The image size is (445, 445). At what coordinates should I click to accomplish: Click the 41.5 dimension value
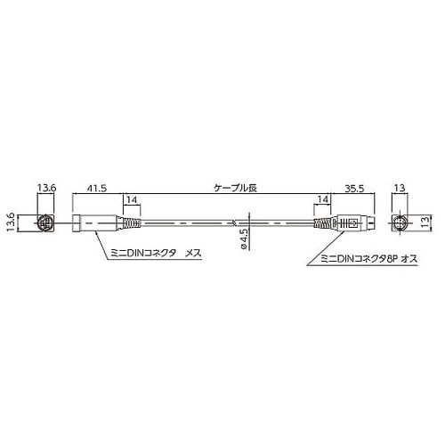[97, 188]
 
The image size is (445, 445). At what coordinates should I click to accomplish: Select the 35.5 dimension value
[354, 188]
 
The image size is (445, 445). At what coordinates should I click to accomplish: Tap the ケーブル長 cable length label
[235, 188]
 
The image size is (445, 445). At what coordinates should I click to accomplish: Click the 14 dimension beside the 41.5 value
[132, 199]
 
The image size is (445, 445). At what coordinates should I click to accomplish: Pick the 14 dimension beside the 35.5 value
[322, 199]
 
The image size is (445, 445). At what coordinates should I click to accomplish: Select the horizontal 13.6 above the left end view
[46, 188]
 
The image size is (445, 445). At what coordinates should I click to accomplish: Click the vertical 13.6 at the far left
[12, 222]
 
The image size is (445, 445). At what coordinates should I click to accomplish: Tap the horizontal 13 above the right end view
[400, 188]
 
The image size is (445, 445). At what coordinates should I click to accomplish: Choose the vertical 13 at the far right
[425, 222]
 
